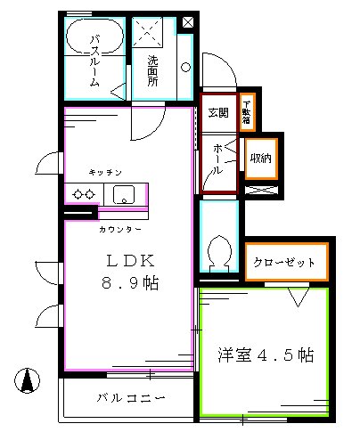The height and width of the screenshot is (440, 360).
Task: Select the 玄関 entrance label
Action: click(x=217, y=112)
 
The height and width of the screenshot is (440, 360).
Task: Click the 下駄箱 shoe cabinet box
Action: click(x=247, y=112)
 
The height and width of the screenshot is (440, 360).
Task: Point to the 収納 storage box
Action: click(x=260, y=157)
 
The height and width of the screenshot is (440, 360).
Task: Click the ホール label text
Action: click(x=217, y=159)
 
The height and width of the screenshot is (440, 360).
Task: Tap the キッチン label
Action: click(x=105, y=171)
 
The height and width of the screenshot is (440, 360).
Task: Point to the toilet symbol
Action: click(x=217, y=252)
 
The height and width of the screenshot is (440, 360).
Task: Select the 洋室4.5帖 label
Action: click(x=265, y=355)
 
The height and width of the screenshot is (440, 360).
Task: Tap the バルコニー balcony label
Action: click(x=131, y=398)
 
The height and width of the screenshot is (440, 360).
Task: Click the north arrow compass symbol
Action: click(x=30, y=379)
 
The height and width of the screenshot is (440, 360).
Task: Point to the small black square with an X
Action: click(x=189, y=22)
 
